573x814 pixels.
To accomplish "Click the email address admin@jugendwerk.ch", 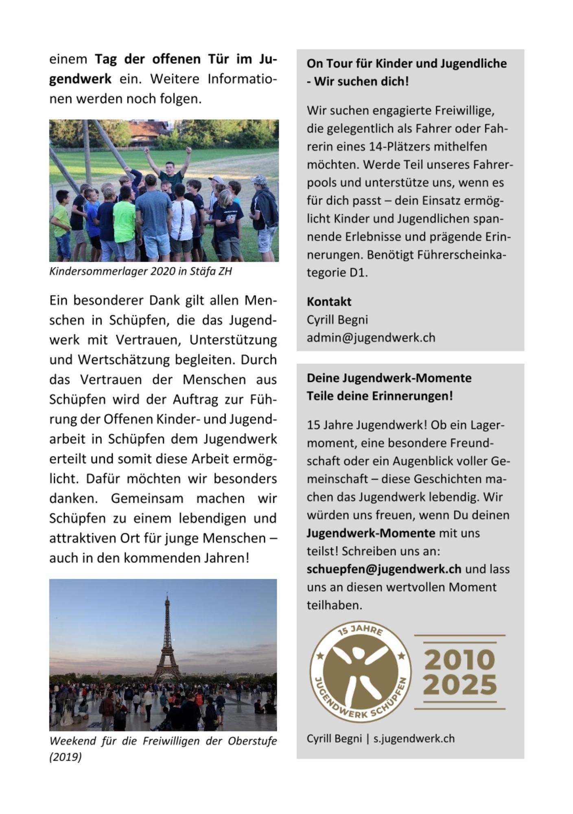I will (371, 338).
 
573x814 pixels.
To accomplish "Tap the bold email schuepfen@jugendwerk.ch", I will (384, 569).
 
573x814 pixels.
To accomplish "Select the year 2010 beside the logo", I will (459, 659).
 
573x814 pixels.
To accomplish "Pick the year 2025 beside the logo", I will (460, 685).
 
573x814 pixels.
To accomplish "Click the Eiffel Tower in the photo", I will (166, 643).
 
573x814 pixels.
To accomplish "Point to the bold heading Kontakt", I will (329, 302).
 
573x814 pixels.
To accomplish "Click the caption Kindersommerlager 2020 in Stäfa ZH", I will (140, 271).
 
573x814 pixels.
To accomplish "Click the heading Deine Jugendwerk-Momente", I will (389, 378).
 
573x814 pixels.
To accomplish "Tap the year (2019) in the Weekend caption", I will (66, 757).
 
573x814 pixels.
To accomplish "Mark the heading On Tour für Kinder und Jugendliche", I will (407, 64).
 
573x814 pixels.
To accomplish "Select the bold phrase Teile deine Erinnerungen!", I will (380, 396).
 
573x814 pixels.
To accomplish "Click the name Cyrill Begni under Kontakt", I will (337, 320).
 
